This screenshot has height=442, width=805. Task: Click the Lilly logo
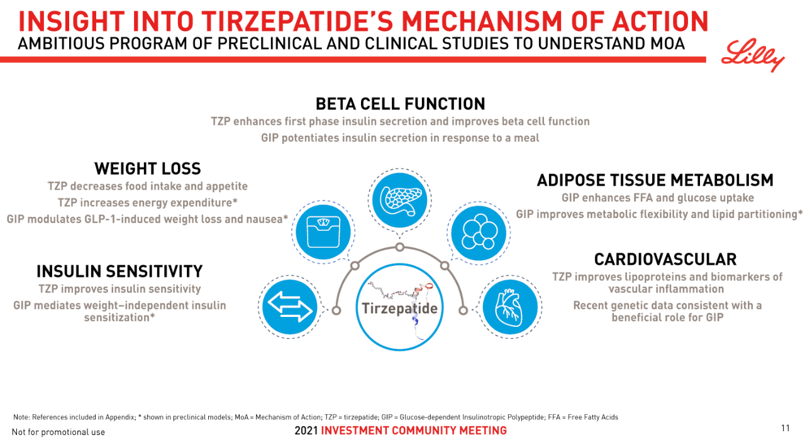tap(753, 56)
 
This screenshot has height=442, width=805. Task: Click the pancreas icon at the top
tap(400, 200)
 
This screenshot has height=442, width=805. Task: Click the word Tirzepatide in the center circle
tap(399, 309)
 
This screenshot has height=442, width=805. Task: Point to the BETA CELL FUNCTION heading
tap(400, 103)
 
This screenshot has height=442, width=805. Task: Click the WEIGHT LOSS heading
tap(147, 169)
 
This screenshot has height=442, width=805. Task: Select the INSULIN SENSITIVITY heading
tap(119, 271)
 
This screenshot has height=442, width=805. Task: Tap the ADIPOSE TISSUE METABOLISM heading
tap(655, 180)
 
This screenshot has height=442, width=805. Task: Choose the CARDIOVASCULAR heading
tap(665, 259)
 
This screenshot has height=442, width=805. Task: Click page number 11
tap(785, 428)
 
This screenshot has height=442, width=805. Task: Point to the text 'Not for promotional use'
tap(58, 432)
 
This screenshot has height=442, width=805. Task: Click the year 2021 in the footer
tap(306, 431)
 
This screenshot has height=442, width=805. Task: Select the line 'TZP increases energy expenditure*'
tap(147, 202)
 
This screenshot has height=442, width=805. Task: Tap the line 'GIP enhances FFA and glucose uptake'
tap(657, 198)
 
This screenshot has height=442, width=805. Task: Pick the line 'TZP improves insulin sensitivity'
tap(119, 289)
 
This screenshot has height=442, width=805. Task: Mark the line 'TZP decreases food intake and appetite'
tap(147, 186)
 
